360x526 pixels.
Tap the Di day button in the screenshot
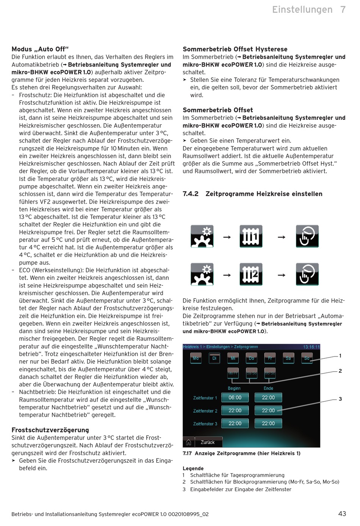click(214, 358)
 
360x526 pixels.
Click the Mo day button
click(196, 358)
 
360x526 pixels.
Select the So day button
click(307, 358)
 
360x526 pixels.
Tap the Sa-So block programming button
click(252, 373)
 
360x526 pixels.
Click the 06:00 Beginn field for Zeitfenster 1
click(235, 397)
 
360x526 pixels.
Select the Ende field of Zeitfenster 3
click(268, 423)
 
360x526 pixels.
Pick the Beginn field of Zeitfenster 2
click(235, 410)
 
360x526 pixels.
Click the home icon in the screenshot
click(188, 442)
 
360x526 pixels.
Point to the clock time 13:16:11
click(311, 347)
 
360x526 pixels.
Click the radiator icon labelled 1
click(251, 236)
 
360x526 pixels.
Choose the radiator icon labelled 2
click(251, 274)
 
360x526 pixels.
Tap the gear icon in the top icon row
click(202, 236)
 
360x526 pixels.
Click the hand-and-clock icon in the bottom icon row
click(307, 274)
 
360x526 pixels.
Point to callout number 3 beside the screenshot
click(340, 399)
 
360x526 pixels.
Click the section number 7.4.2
click(190, 194)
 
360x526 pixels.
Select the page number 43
click(342, 514)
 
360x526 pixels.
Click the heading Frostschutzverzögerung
click(50, 430)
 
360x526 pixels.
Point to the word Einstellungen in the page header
click(302, 9)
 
